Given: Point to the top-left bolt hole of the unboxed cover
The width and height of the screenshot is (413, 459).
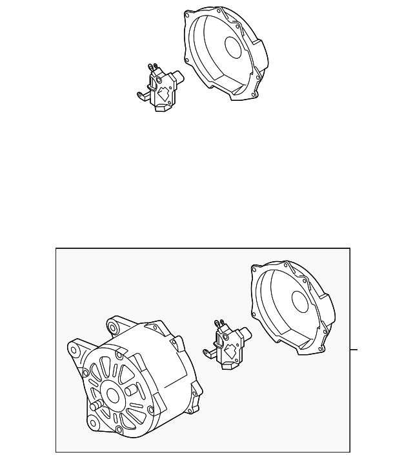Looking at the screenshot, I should point(188,14).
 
